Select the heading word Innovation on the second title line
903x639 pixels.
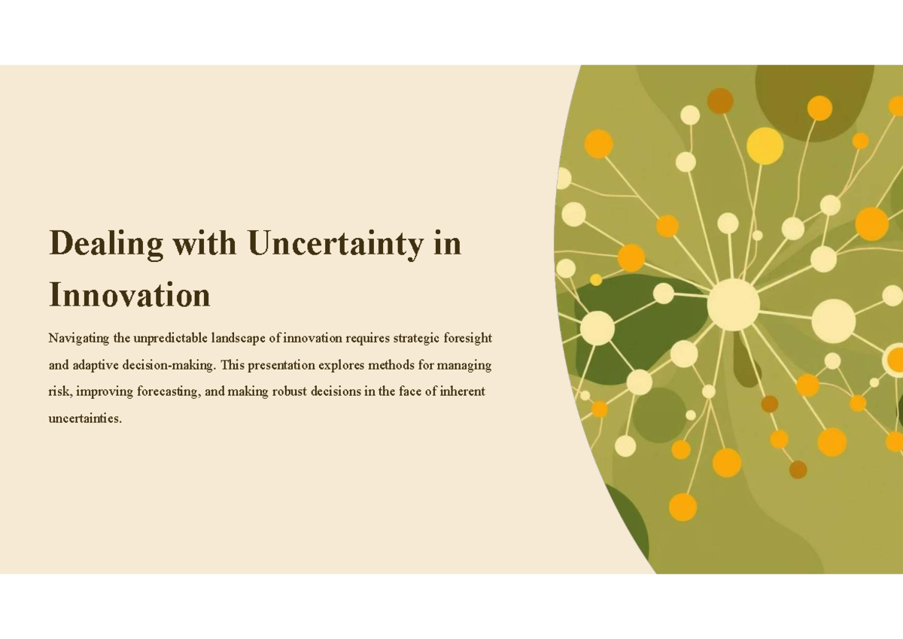(x=129, y=294)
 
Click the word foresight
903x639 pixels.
(x=469, y=337)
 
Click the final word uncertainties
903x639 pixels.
(x=84, y=418)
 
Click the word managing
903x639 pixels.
(x=466, y=366)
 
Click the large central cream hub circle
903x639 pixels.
(x=734, y=304)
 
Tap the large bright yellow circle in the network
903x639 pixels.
(x=765, y=146)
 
